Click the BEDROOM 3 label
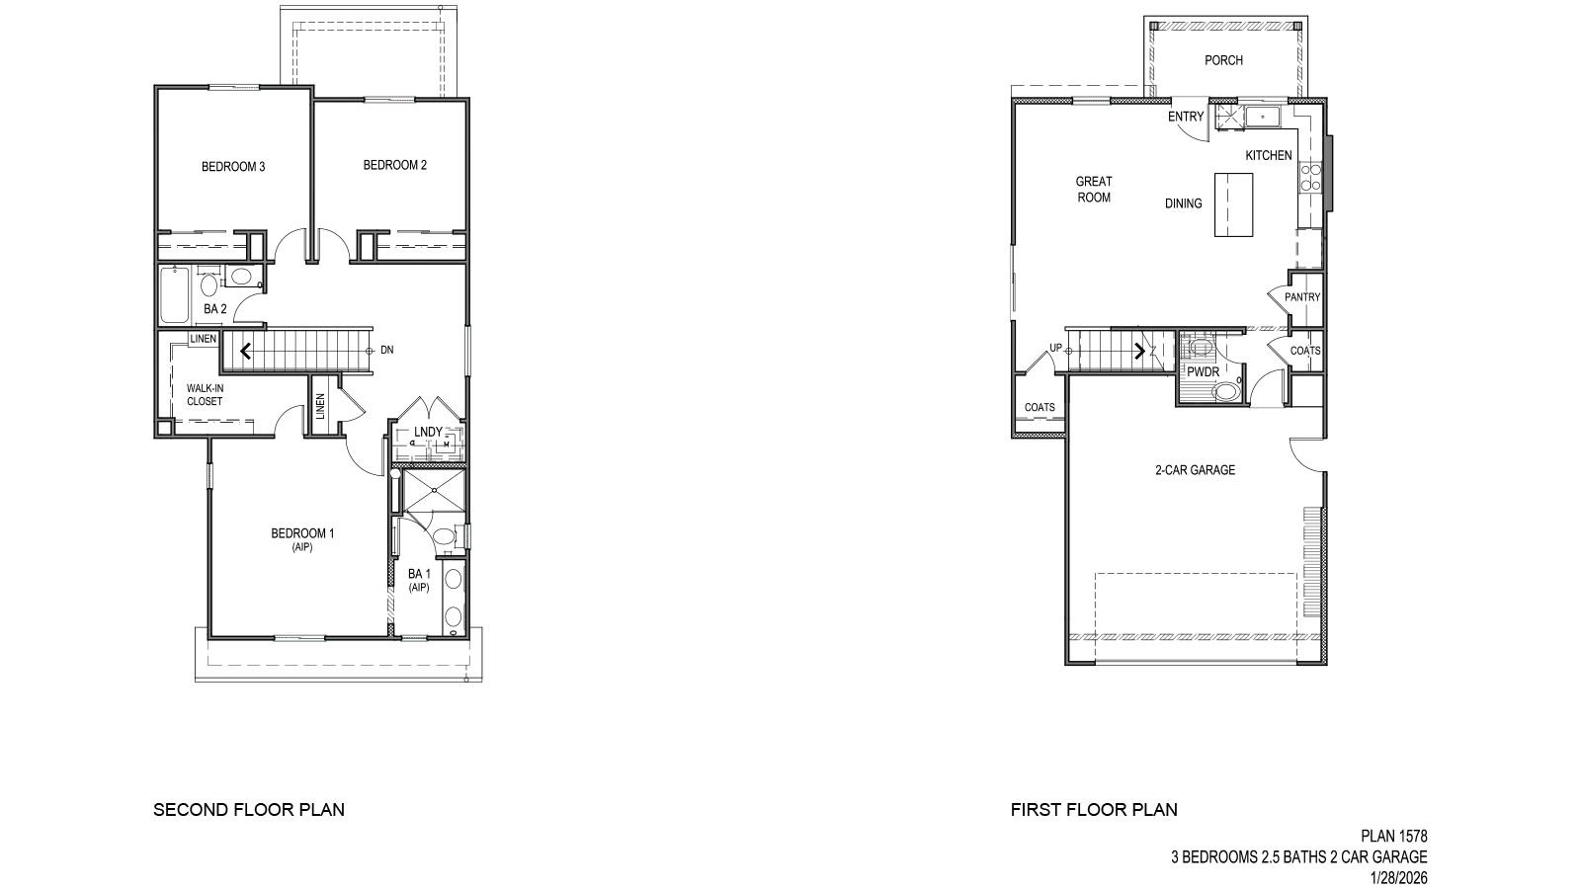click(233, 167)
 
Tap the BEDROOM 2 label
click(394, 165)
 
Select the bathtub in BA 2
click(174, 294)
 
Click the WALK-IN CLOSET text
click(205, 395)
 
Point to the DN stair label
click(387, 350)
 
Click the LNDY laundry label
click(428, 432)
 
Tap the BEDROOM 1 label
click(302, 534)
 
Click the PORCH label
click(1223, 60)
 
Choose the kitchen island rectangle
click(1233, 204)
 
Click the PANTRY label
click(1302, 297)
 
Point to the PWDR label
click(1204, 372)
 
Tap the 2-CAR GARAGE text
click(1195, 470)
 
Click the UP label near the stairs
click(1055, 348)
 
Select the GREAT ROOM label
click(1094, 189)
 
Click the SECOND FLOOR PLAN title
click(249, 810)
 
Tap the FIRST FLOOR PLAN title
click(1094, 810)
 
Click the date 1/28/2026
click(1399, 877)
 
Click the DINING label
click(1183, 203)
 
